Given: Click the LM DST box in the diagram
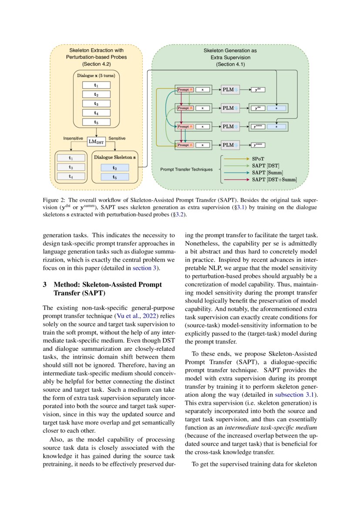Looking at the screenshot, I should (96, 141).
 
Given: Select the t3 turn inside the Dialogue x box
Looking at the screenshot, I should (96, 104).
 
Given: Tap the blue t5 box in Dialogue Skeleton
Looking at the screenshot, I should (114, 177).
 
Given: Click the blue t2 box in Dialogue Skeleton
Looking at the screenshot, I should (114, 167).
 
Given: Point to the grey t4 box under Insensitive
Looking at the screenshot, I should (71, 176).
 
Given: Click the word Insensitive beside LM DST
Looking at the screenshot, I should (73, 138).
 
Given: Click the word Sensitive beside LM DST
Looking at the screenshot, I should (117, 138).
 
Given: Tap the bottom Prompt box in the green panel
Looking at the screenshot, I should (183, 145).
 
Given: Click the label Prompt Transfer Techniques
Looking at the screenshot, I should (186, 169).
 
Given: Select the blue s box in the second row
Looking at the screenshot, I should (277, 108).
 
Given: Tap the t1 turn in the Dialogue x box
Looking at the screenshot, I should (96, 85).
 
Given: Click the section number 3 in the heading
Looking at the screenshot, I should (45, 284).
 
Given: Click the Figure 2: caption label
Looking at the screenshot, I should (54, 200).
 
